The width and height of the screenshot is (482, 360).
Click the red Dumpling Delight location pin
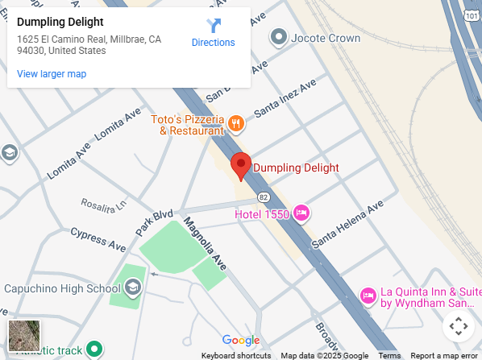[x=240, y=165]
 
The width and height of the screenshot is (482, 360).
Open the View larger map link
[x=52, y=74]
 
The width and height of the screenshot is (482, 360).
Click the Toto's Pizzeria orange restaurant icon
[x=236, y=123]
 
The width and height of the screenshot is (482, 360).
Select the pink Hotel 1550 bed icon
[x=301, y=213]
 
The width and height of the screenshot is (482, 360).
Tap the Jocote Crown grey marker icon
[x=279, y=36]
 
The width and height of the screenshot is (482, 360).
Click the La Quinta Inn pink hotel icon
[x=368, y=296]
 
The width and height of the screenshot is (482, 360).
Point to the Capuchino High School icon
[x=132, y=288]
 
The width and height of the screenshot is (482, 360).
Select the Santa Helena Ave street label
[x=348, y=224]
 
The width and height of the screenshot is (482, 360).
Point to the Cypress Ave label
[x=98, y=239]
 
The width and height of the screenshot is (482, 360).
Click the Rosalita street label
[x=103, y=205]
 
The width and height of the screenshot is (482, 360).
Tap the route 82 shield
[x=264, y=197]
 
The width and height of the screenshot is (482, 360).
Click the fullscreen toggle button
[x=458, y=326]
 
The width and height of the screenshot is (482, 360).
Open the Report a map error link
[x=443, y=355]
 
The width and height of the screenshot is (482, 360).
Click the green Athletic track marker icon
[x=95, y=349]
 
